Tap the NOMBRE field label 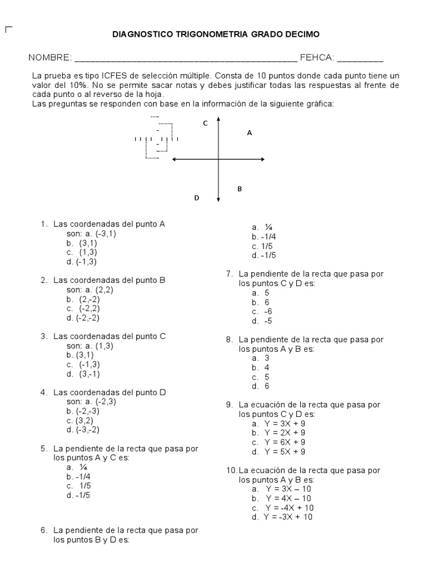point(50,58)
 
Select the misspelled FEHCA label point(316,58)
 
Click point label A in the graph point(249,133)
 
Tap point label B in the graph point(240,189)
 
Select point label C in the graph point(205,123)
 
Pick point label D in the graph point(196,198)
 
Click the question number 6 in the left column point(43,530)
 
